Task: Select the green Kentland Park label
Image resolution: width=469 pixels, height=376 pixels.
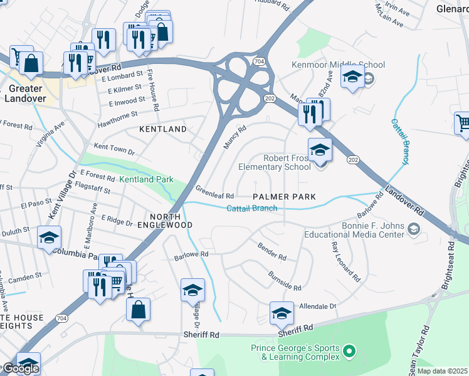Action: (x=146, y=180)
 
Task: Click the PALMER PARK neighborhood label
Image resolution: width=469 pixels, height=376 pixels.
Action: (x=284, y=197)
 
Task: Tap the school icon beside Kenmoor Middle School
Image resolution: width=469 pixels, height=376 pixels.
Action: (x=352, y=78)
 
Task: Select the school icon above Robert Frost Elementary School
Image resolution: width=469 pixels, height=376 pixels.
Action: (x=320, y=149)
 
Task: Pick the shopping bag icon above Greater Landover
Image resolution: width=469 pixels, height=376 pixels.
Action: (x=30, y=63)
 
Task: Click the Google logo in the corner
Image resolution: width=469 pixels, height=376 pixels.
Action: (x=20, y=368)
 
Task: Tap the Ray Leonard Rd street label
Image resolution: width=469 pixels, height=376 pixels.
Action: (x=345, y=259)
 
